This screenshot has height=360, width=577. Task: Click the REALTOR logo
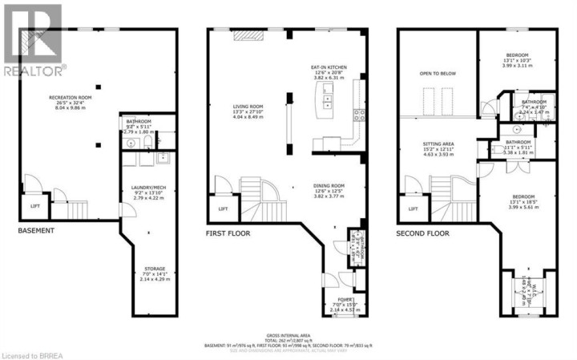pos(31,40)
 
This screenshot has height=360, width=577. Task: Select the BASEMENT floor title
pos(36,231)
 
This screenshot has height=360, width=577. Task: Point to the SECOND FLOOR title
pos(422,233)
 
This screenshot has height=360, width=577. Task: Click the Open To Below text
pos(437,73)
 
